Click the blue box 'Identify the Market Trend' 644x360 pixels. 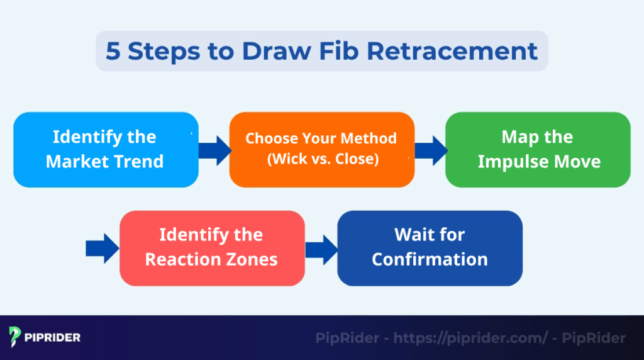tap(106, 150)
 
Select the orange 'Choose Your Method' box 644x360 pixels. tap(321, 150)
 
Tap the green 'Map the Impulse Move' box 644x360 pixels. tap(538, 150)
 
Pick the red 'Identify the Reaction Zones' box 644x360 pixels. tap(212, 248)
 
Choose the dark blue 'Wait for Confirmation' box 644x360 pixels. tap(430, 248)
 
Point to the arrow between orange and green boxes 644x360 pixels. tap(431, 150)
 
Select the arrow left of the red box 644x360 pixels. tap(103, 248)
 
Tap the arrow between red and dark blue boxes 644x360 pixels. tap(321, 248)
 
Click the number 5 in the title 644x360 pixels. tap(113, 51)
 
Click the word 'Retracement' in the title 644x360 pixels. tap(452, 51)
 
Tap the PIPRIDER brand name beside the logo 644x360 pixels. tap(54, 337)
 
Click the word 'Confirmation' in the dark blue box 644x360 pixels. tap(430, 259)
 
